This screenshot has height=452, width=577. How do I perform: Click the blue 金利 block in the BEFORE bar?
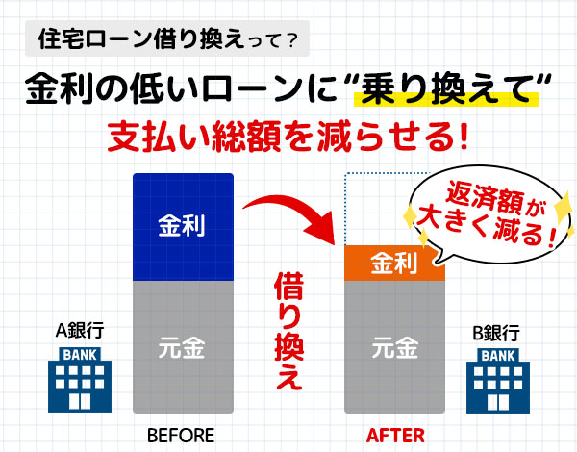tap(183, 227)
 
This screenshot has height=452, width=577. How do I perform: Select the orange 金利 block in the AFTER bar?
tap(394, 263)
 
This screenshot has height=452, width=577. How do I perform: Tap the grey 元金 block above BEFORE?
tap(183, 347)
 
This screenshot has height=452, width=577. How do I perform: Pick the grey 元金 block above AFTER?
tap(394, 347)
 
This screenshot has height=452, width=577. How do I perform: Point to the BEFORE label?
tap(181, 436)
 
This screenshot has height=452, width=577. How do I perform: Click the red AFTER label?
tap(395, 436)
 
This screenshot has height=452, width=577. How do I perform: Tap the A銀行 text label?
tap(80, 330)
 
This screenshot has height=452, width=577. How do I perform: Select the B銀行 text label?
tap(496, 333)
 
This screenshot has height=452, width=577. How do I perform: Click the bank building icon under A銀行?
tap(80, 380)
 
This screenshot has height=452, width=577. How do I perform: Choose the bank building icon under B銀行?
tap(498, 381)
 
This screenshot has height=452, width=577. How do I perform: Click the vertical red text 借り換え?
tap(288, 331)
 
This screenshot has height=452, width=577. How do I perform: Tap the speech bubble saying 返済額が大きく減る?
tap(489, 215)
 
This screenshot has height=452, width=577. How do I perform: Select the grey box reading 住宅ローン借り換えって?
tap(167, 38)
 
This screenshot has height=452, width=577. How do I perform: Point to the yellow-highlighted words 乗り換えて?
tap(446, 89)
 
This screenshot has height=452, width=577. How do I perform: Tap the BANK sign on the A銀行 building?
tap(80, 355)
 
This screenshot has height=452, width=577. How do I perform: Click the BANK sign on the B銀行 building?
tap(498, 356)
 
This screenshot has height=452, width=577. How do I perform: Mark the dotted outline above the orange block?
tap(345, 209)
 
